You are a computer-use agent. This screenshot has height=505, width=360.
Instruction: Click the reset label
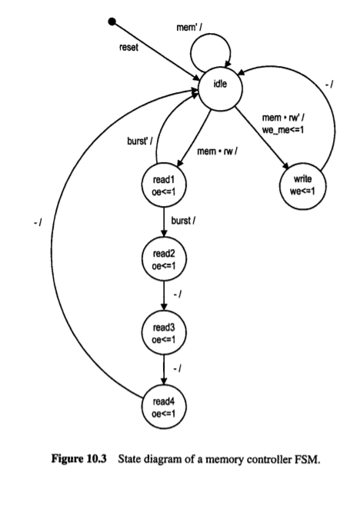point(130,47)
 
